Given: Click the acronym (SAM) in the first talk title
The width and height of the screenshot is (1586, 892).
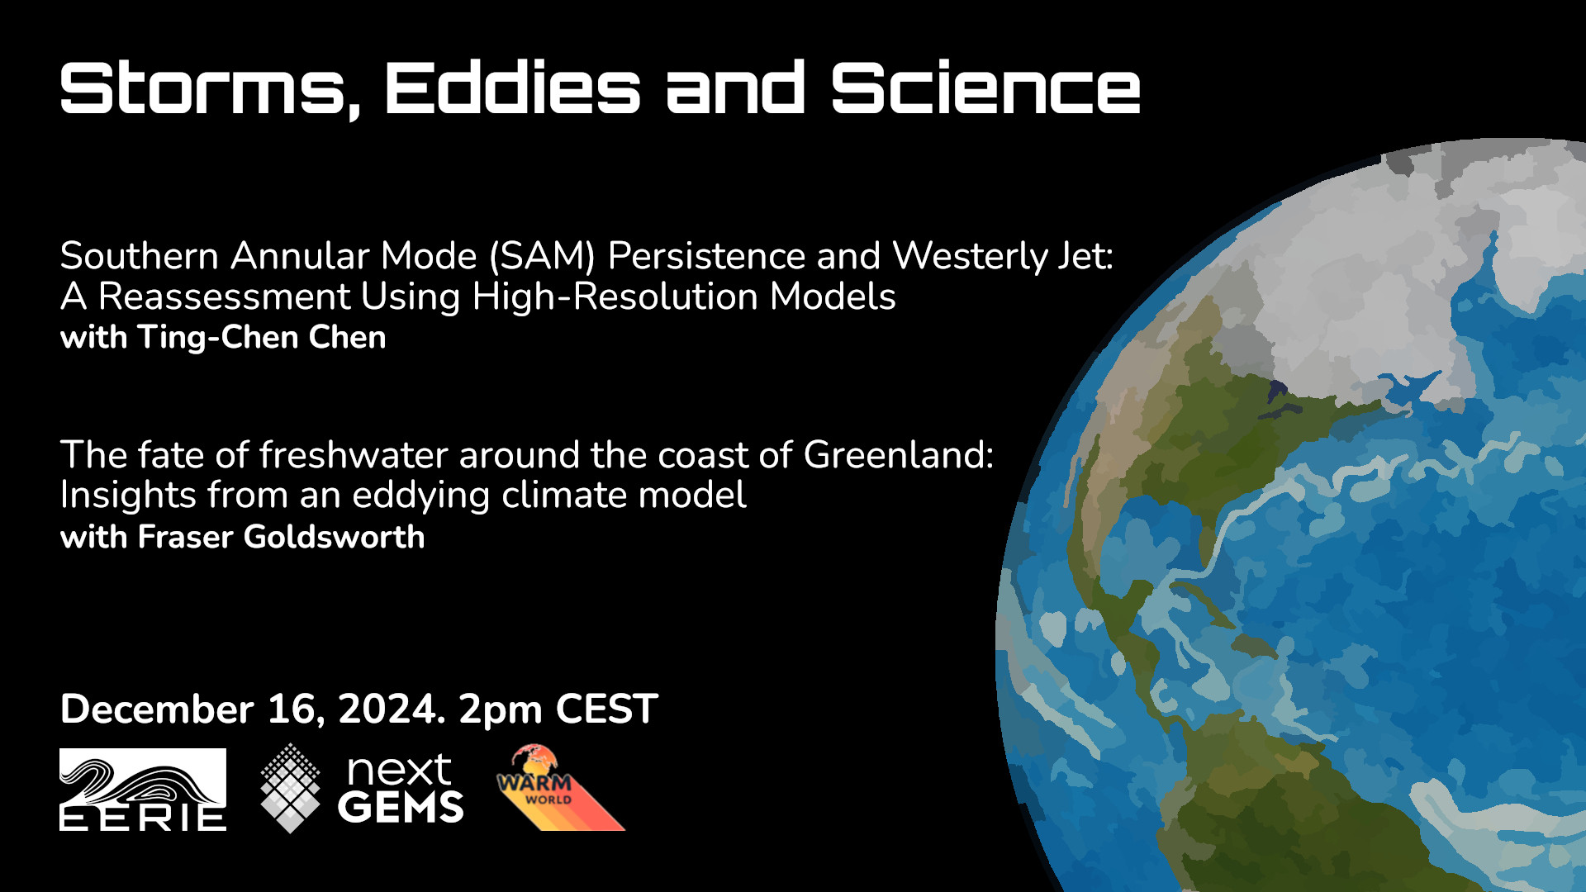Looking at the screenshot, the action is click(542, 256).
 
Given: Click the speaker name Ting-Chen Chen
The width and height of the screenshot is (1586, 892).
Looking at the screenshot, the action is click(262, 338).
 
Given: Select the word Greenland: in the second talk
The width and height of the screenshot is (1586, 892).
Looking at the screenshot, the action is click(898, 455).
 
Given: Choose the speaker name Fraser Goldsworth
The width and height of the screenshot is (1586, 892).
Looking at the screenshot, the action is click(281, 537).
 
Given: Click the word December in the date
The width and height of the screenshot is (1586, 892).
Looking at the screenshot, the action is click(157, 709).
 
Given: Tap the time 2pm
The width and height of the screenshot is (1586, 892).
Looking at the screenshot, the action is click(501, 712).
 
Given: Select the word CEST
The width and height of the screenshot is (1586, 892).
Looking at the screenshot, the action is click(606, 709).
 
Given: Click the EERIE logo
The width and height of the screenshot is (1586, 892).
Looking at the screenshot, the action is click(143, 789).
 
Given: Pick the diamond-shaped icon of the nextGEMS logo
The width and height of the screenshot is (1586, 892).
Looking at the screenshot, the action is click(290, 788).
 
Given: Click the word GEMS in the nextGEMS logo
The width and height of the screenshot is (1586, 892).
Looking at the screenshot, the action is click(401, 807).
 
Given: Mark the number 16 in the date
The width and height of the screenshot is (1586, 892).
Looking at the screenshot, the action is click(291, 709).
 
